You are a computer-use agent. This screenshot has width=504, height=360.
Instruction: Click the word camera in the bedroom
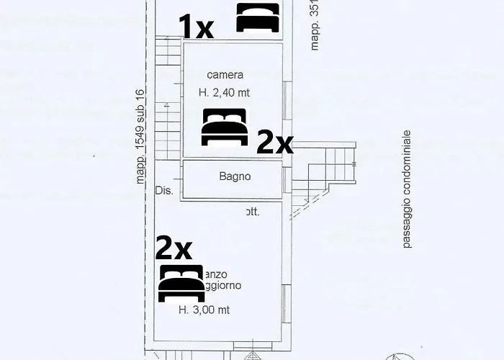tap(225, 75)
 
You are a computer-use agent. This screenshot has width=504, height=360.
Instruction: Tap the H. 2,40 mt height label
tap(225, 91)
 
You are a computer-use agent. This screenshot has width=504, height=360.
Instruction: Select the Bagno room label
tap(235, 176)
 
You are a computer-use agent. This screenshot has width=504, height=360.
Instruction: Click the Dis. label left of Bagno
tap(163, 191)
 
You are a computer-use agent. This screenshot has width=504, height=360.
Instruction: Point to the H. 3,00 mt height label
tap(204, 310)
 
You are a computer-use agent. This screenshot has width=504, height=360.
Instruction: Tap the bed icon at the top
tap(258, 17)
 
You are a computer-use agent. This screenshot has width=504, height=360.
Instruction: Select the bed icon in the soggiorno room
tap(181, 282)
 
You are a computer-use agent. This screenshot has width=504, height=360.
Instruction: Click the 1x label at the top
tap(197, 28)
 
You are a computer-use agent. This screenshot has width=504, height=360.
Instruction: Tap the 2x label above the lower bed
tap(174, 249)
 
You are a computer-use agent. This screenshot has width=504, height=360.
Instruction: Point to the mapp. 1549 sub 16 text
tap(141, 136)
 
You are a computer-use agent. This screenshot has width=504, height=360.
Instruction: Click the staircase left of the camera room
tap(168, 94)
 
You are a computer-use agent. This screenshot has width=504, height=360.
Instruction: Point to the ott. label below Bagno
tap(252, 212)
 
